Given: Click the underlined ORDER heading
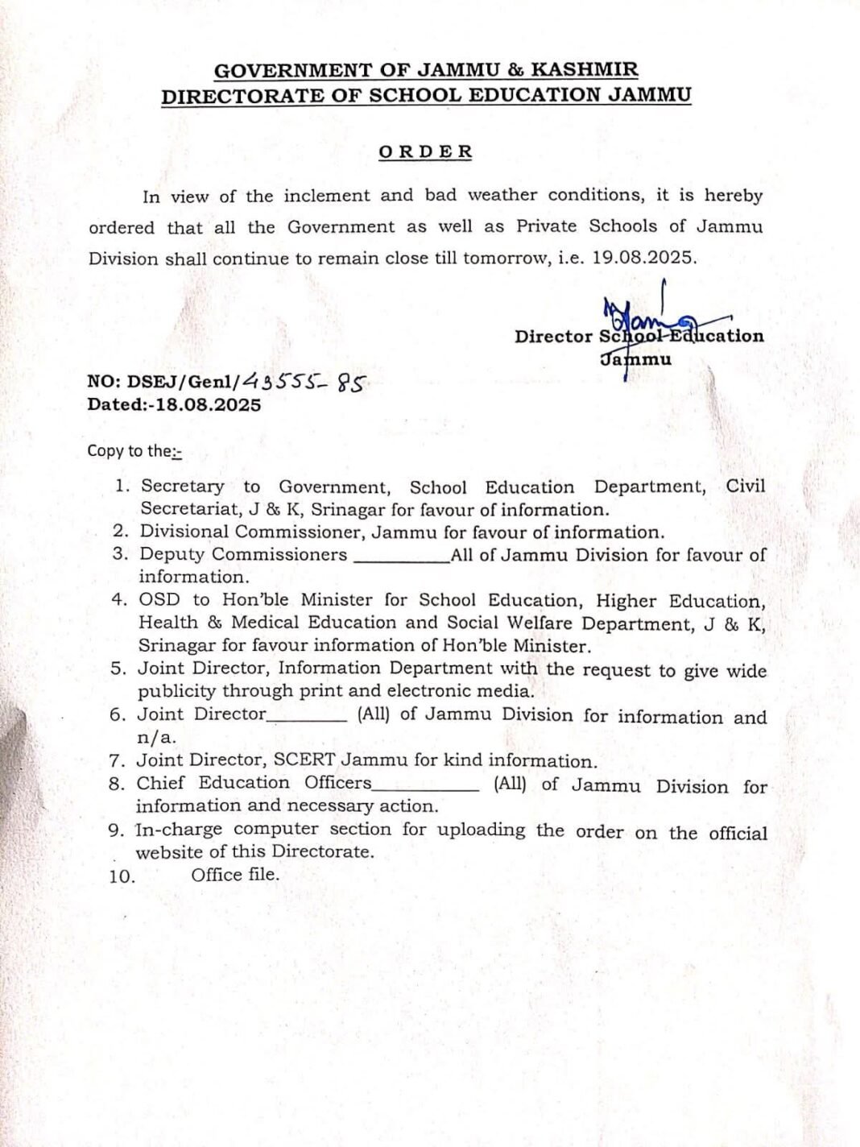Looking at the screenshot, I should [x=425, y=151].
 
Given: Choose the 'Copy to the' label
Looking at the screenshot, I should [x=134, y=451].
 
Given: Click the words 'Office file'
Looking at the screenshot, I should [x=234, y=875].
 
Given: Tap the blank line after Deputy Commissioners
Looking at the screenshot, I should [x=401, y=556].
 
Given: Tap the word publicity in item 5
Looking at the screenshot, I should [x=176, y=691].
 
